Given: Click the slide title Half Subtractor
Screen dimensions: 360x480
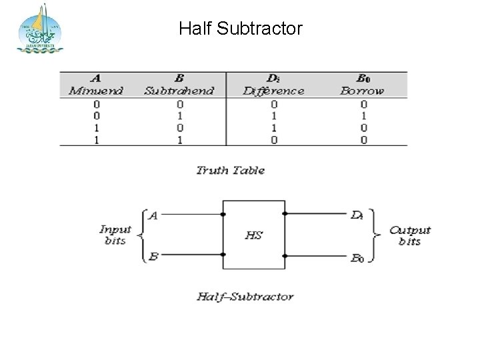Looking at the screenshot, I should [241, 29].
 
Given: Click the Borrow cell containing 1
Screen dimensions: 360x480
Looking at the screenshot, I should [363, 116].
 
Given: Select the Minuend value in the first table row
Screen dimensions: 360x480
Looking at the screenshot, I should [96, 105].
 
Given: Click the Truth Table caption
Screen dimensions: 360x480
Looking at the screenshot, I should [230, 171].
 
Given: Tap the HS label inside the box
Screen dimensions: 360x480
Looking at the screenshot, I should [253, 235].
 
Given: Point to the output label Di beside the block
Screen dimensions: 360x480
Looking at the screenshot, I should [357, 215].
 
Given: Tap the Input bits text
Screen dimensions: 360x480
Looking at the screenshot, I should [115, 235].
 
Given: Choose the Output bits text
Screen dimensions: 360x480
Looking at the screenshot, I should [410, 235].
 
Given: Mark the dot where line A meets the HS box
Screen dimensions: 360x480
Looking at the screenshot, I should [223, 215].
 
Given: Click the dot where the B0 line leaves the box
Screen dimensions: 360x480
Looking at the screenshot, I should [285, 254].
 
